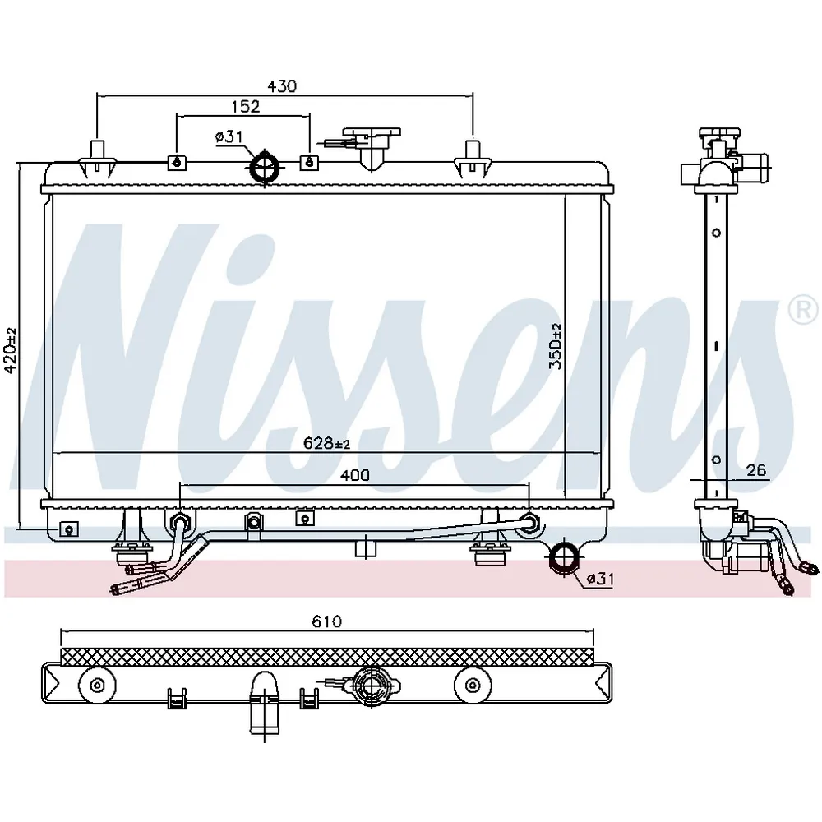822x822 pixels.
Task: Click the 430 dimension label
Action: [x=282, y=85]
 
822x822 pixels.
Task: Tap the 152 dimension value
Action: [x=245, y=106]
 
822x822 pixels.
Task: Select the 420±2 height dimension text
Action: [x=11, y=350]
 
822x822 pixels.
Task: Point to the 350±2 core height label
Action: [x=555, y=346]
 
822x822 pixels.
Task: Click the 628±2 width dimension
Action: [x=326, y=444]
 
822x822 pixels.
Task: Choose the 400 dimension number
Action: [x=355, y=475]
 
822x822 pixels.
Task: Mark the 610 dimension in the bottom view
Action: [x=326, y=621]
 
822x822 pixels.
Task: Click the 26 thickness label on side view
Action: [x=756, y=470]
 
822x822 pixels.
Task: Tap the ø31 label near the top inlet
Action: [x=229, y=136]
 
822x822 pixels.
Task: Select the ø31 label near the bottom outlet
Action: [x=599, y=579]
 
